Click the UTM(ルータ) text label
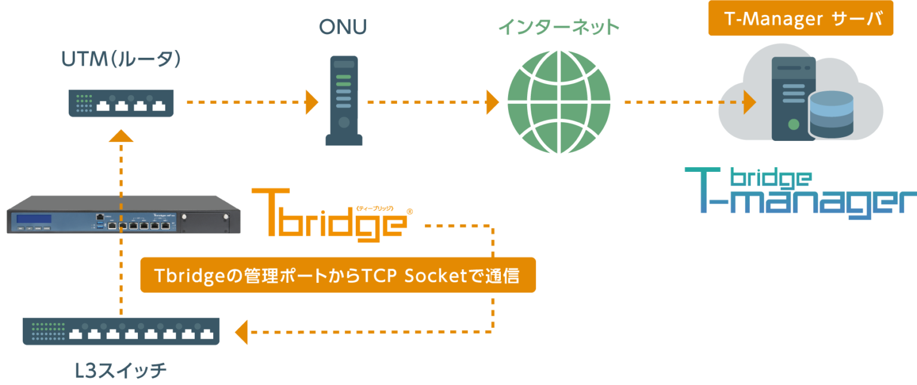pos(121,60)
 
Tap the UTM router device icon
pos(121,103)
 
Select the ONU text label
pos(343,27)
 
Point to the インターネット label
pos(559,27)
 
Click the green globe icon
pos(559,102)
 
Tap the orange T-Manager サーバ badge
pos(801,19)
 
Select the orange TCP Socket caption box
pos(338,275)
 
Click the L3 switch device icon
pos(121,331)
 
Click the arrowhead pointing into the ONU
pos(312,102)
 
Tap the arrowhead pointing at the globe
pos(492,102)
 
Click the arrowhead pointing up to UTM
pos(121,135)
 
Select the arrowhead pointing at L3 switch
pos(241,332)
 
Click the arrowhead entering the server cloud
pos(749,102)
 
